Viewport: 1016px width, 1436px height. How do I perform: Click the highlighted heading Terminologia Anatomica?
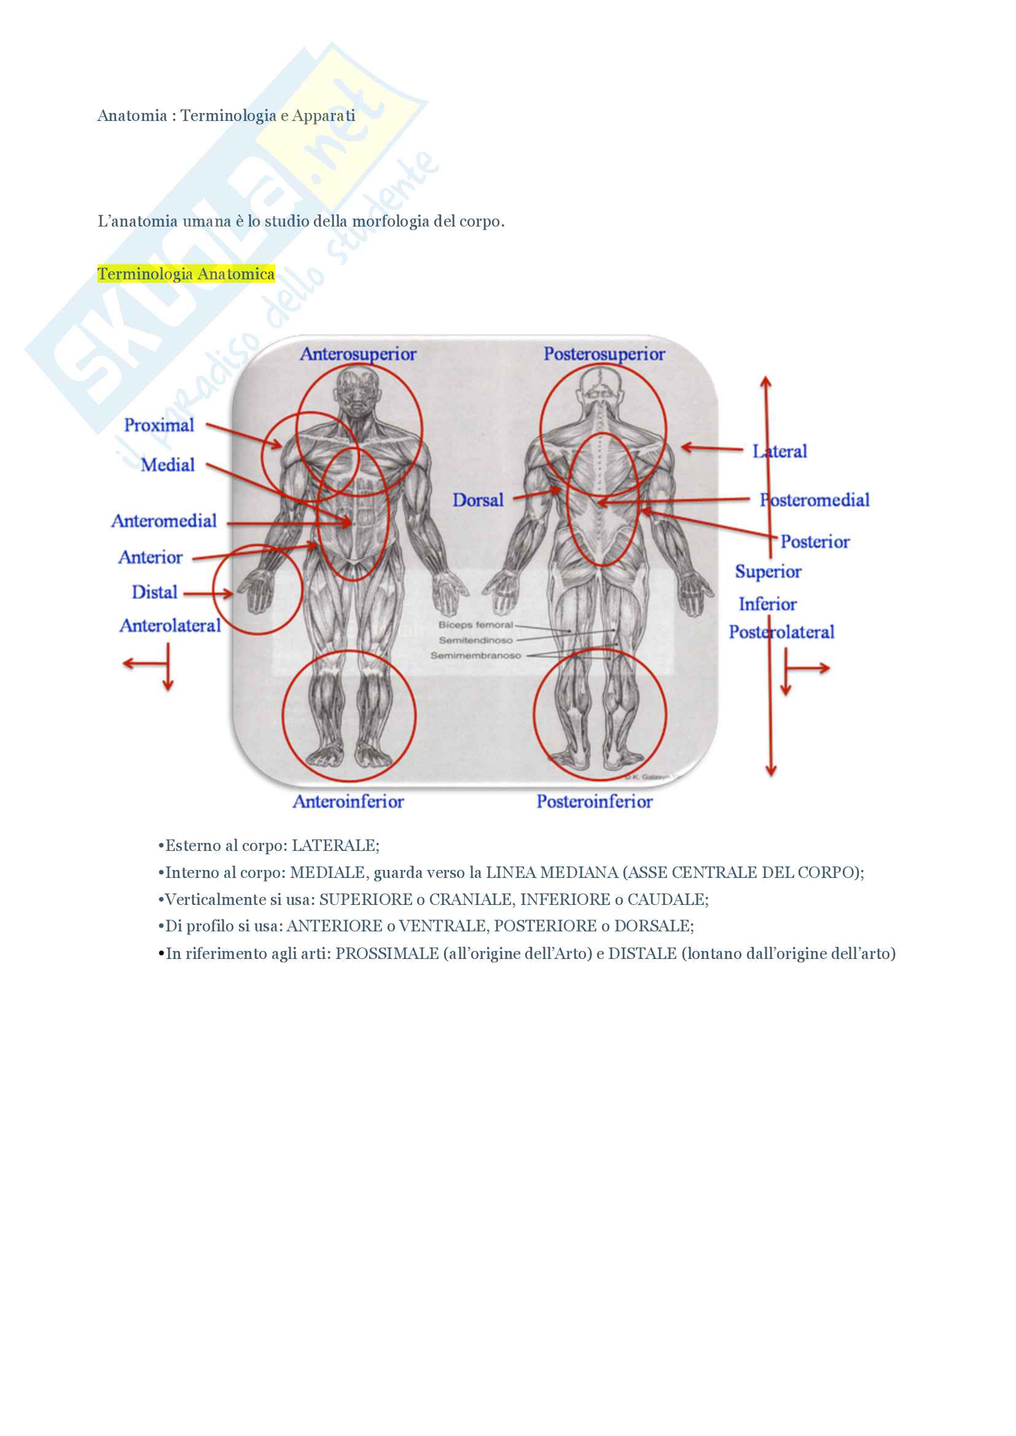(186, 274)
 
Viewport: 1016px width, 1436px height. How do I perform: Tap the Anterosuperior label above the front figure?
(358, 354)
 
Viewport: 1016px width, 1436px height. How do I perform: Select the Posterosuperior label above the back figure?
(604, 354)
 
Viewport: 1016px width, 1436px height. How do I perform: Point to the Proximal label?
(159, 425)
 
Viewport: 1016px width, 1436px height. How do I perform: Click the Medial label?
(168, 465)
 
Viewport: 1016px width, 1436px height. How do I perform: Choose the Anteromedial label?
(164, 521)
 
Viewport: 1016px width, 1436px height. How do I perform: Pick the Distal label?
(155, 592)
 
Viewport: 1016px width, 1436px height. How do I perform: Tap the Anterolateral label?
(170, 626)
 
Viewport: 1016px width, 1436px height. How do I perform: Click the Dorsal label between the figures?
(478, 500)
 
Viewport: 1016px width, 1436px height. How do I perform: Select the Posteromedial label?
(815, 500)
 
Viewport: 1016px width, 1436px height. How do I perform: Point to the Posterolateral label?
(781, 632)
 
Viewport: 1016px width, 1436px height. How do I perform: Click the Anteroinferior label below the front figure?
(348, 801)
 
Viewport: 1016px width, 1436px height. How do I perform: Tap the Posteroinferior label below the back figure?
(595, 801)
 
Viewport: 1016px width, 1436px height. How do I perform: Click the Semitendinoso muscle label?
(475, 640)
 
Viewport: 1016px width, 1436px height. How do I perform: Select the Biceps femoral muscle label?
(475, 625)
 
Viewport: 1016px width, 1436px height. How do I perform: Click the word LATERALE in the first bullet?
(335, 845)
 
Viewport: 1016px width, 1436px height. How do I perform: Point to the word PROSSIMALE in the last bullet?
(386, 953)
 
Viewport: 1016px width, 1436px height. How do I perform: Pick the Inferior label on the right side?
(768, 604)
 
